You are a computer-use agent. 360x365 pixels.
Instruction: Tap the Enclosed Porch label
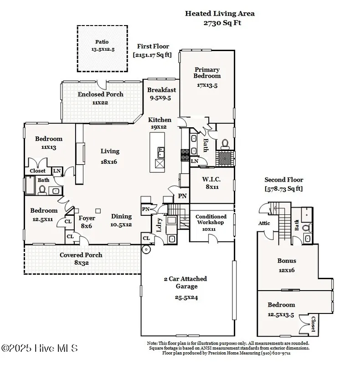[100, 94]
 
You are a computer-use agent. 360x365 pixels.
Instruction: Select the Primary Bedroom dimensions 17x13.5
[207, 85]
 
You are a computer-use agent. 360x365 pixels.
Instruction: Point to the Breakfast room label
[161, 90]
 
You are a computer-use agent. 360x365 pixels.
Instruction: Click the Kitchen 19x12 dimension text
[159, 127]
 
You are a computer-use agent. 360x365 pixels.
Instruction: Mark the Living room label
[110, 151]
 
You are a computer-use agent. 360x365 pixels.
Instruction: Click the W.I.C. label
[211, 179]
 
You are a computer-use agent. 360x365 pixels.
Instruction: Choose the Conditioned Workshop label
[211, 219]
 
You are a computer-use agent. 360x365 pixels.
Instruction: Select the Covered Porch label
[81, 255]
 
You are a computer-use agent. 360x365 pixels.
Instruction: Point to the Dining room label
[121, 217]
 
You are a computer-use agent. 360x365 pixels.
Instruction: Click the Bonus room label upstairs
[287, 261]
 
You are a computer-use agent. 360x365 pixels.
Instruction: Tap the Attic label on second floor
[264, 223]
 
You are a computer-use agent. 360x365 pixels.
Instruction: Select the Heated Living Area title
[220, 13]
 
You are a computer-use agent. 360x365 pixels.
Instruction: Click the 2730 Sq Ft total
[220, 22]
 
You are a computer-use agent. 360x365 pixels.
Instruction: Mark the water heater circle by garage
[147, 249]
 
